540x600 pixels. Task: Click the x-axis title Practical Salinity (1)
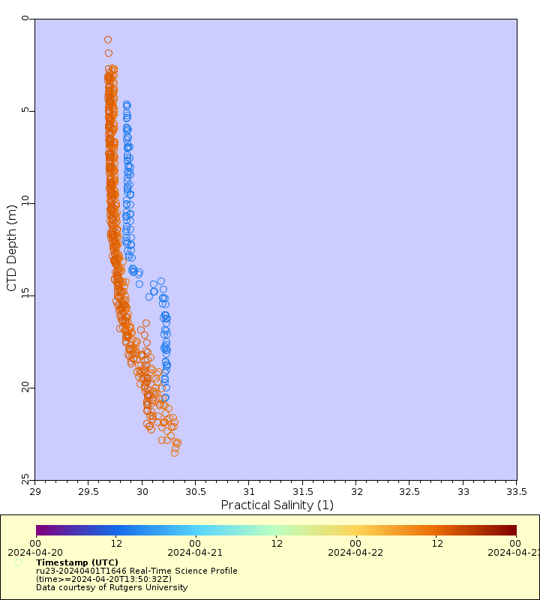pyautogui.click(x=277, y=505)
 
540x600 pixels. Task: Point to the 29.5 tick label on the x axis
pyautogui.click(x=88, y=491)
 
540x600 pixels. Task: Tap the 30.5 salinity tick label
pyautogui.click(x=195, y=491)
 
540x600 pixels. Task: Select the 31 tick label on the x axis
pyautogui.click(x=249, y=491)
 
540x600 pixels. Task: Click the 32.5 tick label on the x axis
pyautogui.click(x=409, y=491)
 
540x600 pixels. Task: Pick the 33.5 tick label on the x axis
pyautogui.click(x=516, y=491)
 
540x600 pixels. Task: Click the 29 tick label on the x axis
pyautogui.click(x=35, y=491)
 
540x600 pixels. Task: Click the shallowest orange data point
pyautogui.click(x=108, y=40)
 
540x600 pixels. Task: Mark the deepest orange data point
pyautogui.click(x=175, y=452)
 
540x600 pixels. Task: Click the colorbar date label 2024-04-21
pyautogui.click(x=195, y=552)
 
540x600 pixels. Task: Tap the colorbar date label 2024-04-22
pyautogui.click(x=355, y=552)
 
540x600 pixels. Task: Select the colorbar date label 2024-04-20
pyautogui.click(x=35, y=552)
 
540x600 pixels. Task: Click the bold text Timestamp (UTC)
pyautogui.click(x=77, y=562)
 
